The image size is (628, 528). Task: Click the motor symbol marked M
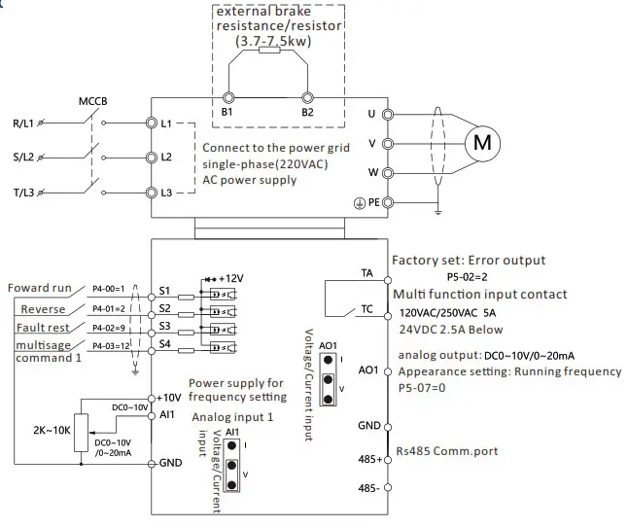pos(482,142)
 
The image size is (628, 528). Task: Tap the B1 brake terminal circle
pos(228,98)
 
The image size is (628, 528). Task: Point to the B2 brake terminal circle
pos(308,98)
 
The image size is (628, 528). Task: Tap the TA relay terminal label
pos(366,275)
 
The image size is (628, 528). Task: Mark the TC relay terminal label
pos(366,310)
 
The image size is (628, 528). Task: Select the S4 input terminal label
pos(164,343)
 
